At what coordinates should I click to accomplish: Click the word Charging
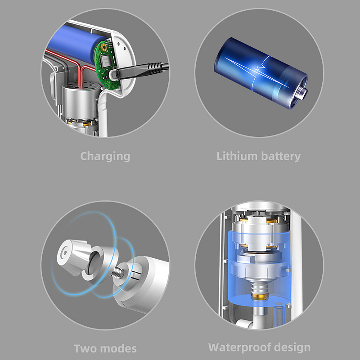pos(105,156)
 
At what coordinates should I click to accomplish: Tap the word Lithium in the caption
pos(237,156)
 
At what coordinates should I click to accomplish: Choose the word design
pos(292,347)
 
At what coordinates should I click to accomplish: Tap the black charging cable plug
pos(140,70)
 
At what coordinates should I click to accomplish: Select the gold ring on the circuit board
pos(103,48)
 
